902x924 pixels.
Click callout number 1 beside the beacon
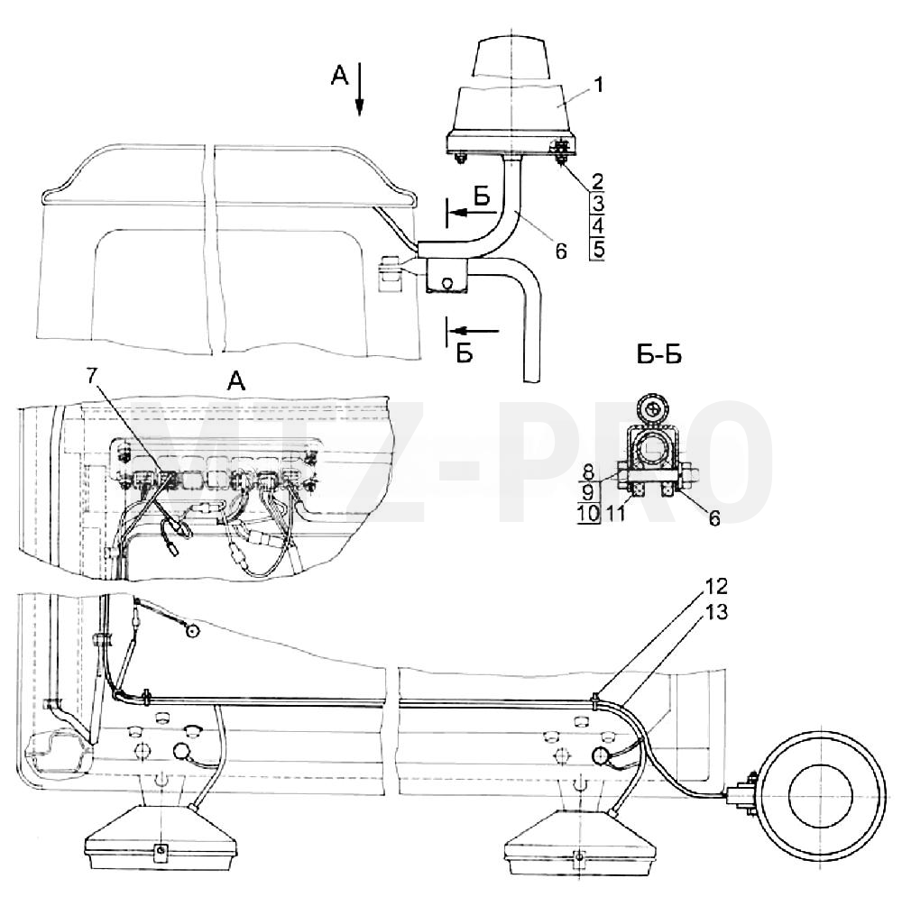[598, 86]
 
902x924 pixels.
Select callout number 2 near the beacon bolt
[597, 179]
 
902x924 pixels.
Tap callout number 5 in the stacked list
[598, 250]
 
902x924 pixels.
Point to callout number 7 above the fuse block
[91, 375]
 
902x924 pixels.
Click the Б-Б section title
[659, 355]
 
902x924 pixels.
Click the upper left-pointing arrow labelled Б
[474, 212]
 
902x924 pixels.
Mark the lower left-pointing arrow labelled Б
[474, 331]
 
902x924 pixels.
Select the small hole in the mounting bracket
[446, 283]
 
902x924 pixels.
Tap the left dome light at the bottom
[161, 838]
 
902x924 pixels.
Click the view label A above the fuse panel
[236, 383]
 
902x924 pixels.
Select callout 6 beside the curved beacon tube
[561, 251]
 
